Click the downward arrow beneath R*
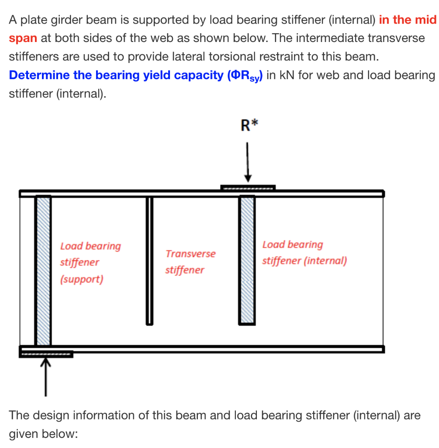[x=248, y=162]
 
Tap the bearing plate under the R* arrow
[x=248, y=188]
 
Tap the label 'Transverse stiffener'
[x=190, y=262]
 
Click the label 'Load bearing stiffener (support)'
[x=90, y=262]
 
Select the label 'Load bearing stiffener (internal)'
[x=304, y=253]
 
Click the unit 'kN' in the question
[x=287, y=75]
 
